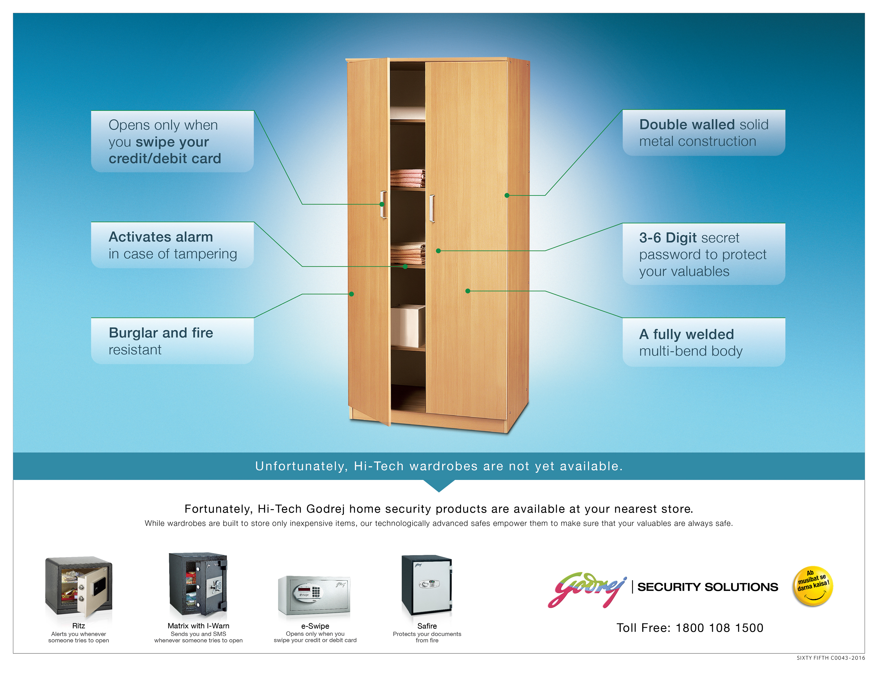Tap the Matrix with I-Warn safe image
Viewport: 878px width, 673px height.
(198, 585)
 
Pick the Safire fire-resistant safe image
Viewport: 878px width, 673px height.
(427, 585)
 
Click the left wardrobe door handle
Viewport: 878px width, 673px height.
(384, 204)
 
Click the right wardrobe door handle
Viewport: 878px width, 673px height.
(432, 208)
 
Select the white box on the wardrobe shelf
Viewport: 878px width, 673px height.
(408, 325)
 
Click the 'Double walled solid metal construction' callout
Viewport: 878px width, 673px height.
(704, 132)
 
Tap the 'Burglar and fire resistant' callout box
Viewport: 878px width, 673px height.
(172, 341)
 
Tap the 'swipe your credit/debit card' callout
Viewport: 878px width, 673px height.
(172, 141)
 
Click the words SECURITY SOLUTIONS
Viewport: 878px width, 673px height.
(708, 587)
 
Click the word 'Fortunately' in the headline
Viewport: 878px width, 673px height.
(219, 509)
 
